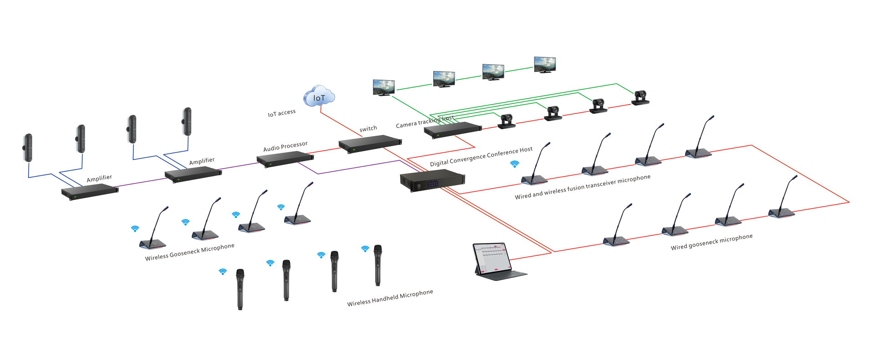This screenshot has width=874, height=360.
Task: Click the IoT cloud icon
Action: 319,96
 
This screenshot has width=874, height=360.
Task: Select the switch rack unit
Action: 370,143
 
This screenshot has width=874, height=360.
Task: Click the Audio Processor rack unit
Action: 285,159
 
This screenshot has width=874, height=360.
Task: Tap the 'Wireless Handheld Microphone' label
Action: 390,298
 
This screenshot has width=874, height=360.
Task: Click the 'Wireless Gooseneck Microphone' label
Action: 190,252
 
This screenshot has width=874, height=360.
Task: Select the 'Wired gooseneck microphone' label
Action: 711,242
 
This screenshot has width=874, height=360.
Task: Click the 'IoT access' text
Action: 282,113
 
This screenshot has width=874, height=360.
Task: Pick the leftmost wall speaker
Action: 28,147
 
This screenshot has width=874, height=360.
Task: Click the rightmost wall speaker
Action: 187,121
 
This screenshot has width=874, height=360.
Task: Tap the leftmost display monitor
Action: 384,87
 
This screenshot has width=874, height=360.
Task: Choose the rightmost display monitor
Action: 545,64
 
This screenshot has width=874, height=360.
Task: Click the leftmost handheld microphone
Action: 240,289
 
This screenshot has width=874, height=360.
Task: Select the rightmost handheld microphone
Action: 377,265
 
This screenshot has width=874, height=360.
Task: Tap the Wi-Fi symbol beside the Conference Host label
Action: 514,164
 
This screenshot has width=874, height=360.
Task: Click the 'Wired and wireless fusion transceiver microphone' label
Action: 582,187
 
